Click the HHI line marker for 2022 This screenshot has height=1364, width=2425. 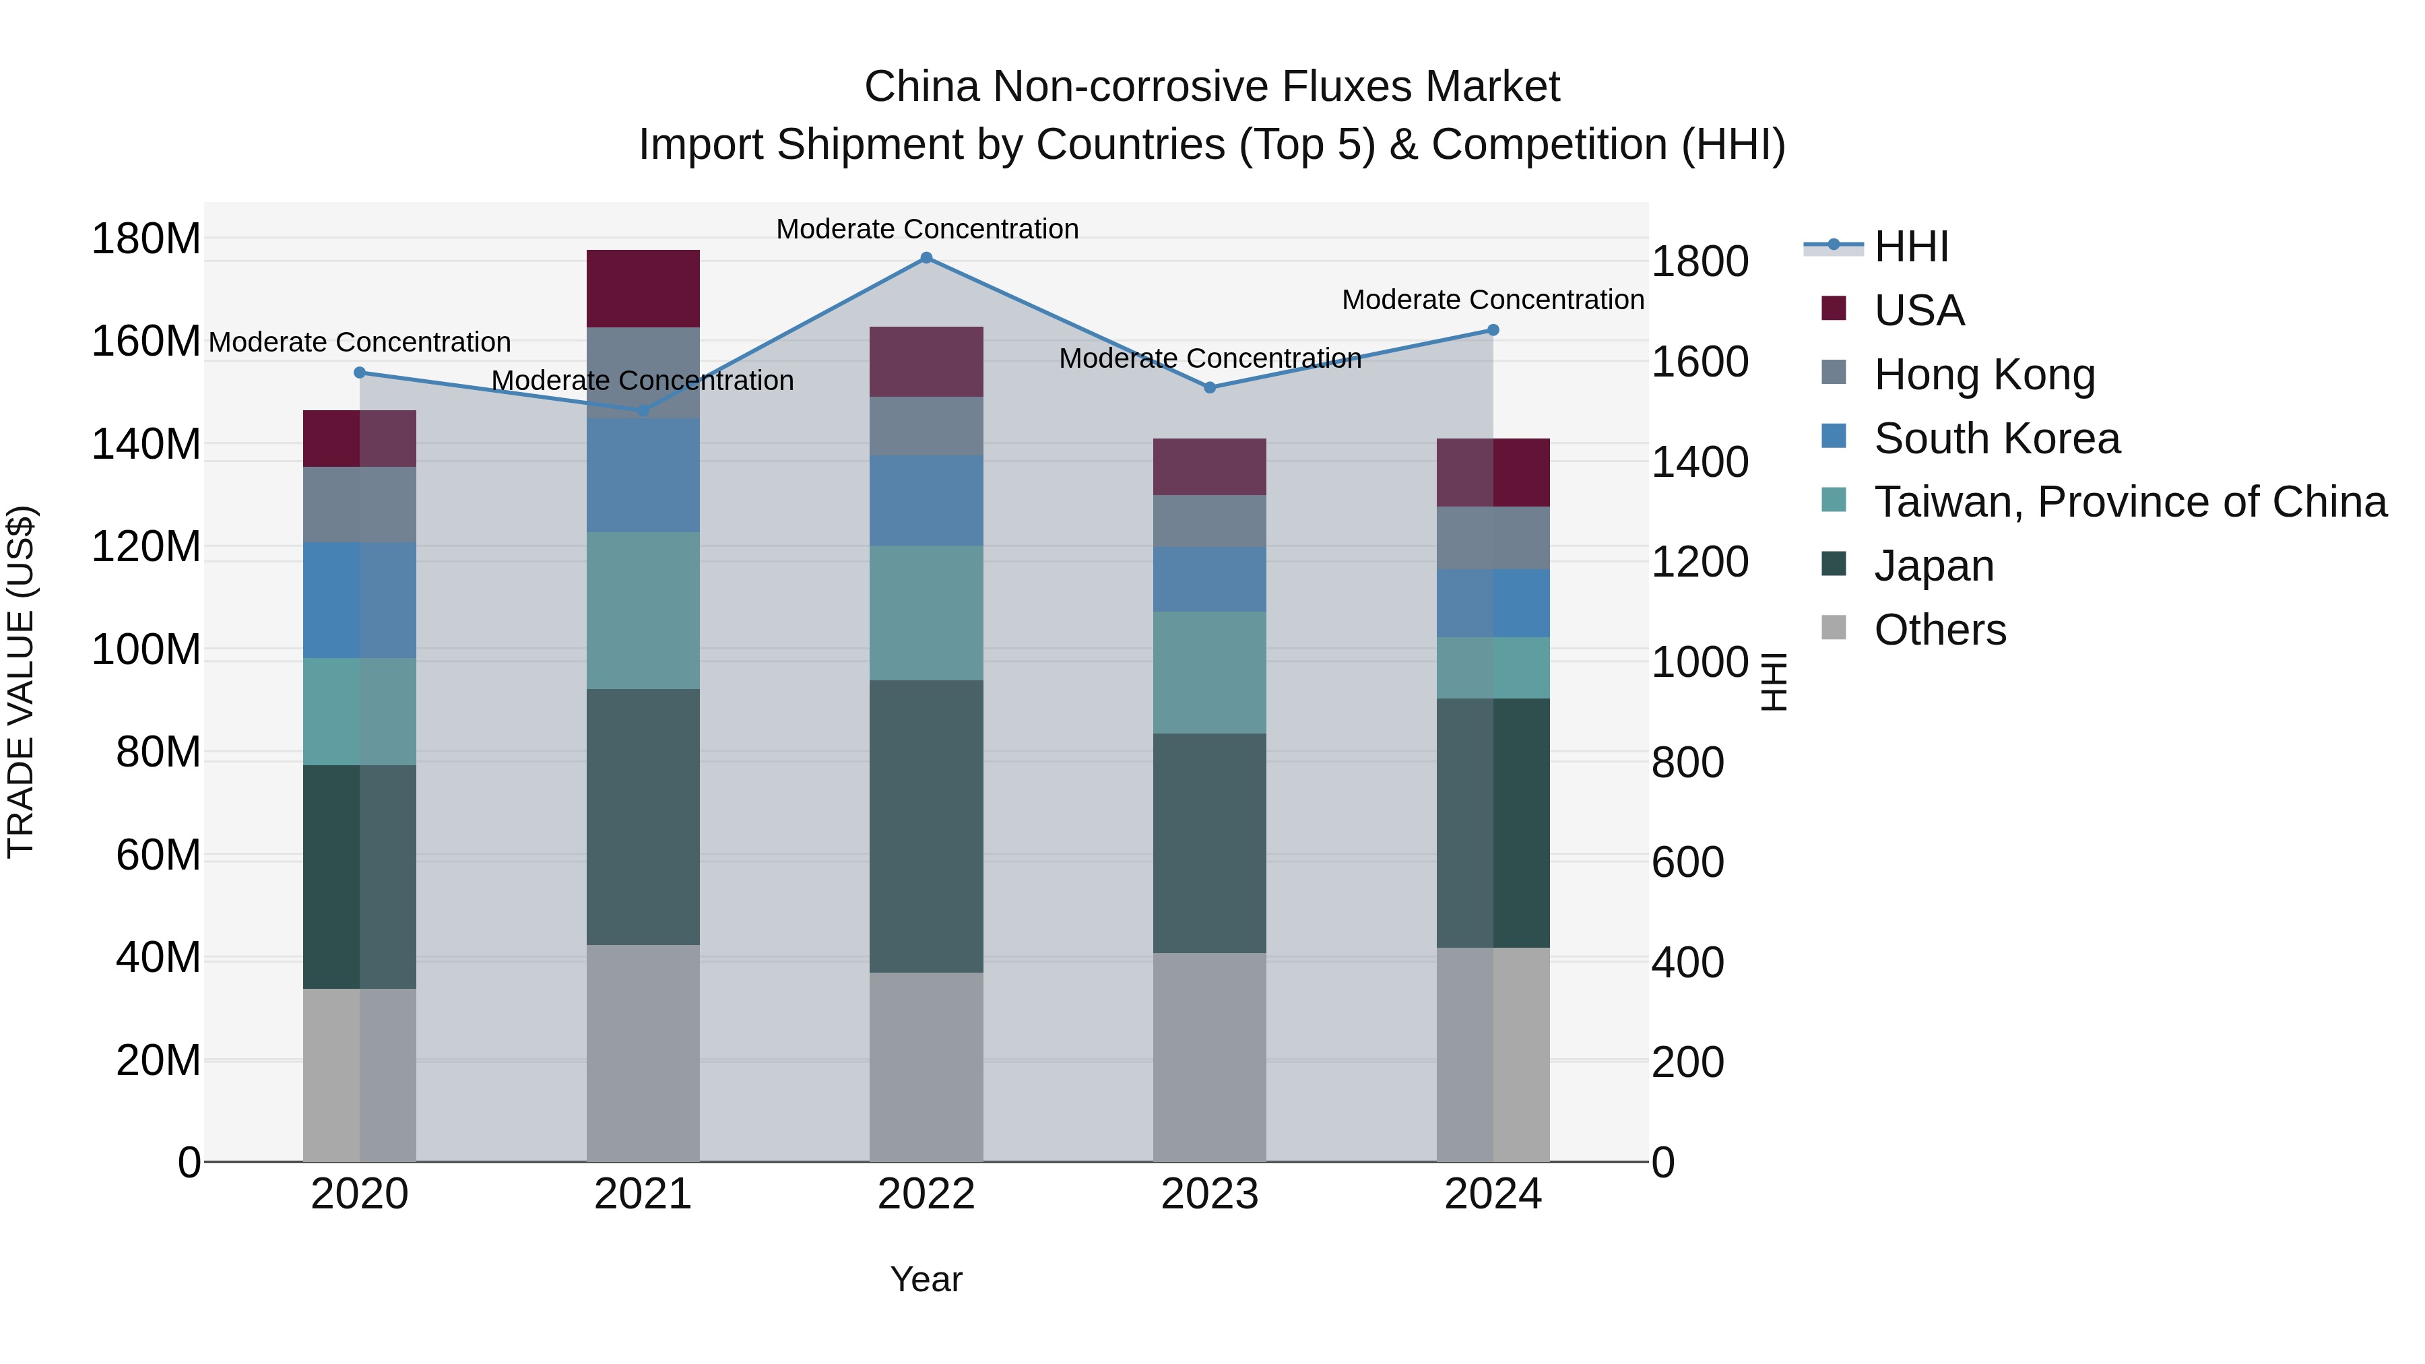pos(926,258)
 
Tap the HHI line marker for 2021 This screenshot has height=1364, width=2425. pos(643,410)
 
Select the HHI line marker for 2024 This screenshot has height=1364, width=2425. pos(1493,331)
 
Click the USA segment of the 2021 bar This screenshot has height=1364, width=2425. pos(643,288)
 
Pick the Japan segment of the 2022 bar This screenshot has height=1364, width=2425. pos(926,826)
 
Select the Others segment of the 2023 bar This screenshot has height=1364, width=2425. pos(1210,1056)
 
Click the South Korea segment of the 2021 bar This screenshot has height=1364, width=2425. pos(643,476)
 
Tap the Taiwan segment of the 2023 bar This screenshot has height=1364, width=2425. pos(1210,672)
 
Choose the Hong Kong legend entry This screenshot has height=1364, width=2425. pos(1984,375)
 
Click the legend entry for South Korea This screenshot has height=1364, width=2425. pos(1996,439)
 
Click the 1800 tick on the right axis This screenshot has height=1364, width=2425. pos(1700,262)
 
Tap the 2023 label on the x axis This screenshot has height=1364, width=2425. pos(1210,1194)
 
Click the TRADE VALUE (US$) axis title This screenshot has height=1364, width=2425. pos(21,682)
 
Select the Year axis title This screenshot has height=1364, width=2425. pos(926,1279)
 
